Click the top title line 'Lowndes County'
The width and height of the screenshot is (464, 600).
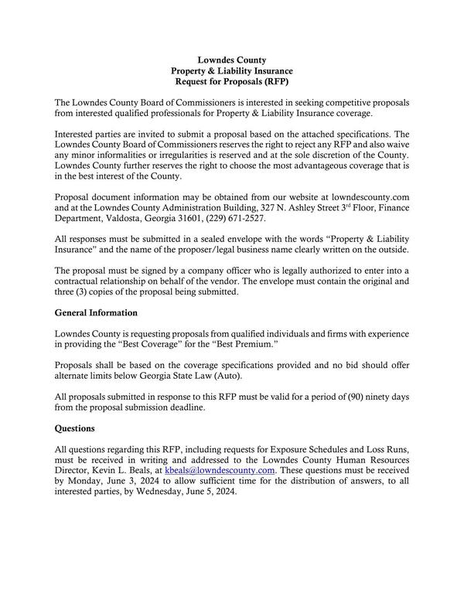tap(232, 60)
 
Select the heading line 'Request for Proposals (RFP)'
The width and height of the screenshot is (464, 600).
tap(232, 81)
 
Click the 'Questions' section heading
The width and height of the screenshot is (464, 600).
tap(75, 428)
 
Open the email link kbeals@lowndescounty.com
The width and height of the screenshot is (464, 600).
tap(220, 470)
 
